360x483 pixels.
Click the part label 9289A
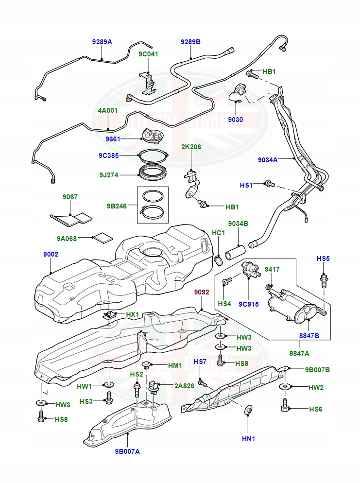[x=102, y=42]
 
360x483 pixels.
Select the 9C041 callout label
[x=148, y=54]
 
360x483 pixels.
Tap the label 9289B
[x=190, y=42]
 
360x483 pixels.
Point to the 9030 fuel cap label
[x=236, y=120]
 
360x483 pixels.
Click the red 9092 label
[x=202, y=292]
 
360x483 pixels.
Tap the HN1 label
[x=248, y=439]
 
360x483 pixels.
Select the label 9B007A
[x=127, y=451]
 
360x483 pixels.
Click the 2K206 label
[x=191, y=146]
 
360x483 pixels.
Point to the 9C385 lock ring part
[x=154, y=155]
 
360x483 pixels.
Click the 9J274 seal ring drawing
[x=154, y=172]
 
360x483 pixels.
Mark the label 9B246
[x=117, y=206]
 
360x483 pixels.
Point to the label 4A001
[x=108, y=110]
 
